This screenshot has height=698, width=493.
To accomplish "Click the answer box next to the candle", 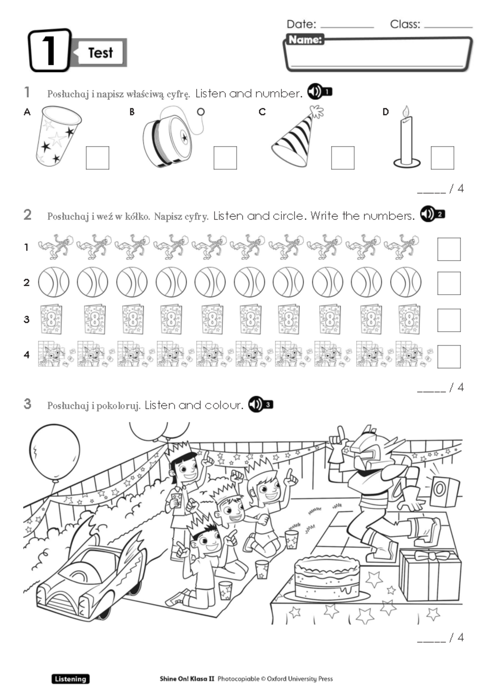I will pos(442,158).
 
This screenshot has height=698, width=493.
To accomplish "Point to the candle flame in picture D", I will pos(406,111).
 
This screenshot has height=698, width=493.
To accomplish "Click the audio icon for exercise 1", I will pos(320,92).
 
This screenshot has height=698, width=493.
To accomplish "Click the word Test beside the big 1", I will pos(100,53).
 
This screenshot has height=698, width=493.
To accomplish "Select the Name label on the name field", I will pos(304,40).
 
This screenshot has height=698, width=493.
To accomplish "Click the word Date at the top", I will pos(301,24).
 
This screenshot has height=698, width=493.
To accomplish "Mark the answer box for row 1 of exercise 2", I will pos(449,249).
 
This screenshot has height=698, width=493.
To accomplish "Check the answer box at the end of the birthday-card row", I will pos(449,320).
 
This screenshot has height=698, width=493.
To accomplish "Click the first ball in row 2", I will pos(54,282).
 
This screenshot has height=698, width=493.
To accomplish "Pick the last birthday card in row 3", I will pos(409,319).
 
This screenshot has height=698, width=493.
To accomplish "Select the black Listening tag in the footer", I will pos(70,679).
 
